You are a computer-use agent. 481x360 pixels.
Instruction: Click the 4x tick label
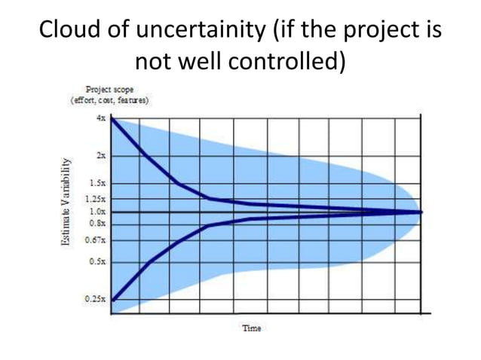(100, 118)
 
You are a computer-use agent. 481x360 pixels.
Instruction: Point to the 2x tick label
(100, 154)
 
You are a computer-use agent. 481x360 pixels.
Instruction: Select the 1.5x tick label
(97, 183)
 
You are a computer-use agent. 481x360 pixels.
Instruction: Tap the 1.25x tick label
(95, 200)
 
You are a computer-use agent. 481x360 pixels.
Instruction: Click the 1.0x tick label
(97, 212)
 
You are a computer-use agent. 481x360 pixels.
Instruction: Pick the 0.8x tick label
(97, 223)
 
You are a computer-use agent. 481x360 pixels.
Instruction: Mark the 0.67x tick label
(95, 240)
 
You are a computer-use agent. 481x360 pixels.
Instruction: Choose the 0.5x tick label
(97, 261)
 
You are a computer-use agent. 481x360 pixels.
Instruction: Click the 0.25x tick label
(95, 299)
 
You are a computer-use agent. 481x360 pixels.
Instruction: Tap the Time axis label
(251, 328)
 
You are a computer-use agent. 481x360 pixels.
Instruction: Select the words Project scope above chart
(110, 89)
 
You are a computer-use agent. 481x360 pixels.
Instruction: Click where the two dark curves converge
(419, 212)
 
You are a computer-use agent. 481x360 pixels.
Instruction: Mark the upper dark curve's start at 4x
(112, 118)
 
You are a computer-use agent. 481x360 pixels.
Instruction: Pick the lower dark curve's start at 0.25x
(112, 300)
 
